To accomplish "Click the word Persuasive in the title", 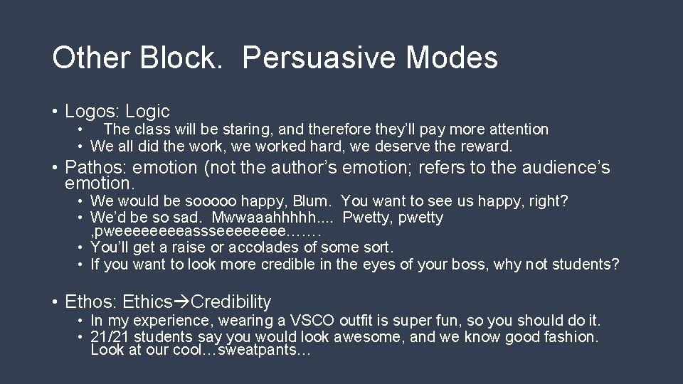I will tap(321, 58).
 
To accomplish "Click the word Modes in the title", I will tap(453, 58).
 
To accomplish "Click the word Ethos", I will tap(88, 302).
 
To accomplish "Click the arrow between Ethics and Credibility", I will tap(182, 302).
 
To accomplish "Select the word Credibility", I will tap(231, 302).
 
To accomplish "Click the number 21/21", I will tap(110, 336).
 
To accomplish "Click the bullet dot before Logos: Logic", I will tap(55, 112).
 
